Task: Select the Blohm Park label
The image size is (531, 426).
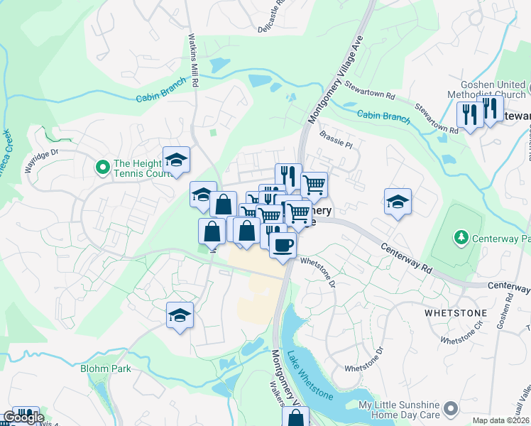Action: click(106, 368)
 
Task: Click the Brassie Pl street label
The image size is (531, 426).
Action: click(336, 140)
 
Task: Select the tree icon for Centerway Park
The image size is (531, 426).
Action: click(461, 236)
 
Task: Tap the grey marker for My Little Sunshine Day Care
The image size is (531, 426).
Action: click(449, 408)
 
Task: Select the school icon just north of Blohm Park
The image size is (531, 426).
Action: click(180, 315)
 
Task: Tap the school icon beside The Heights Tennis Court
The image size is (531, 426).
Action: click(177, 159)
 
